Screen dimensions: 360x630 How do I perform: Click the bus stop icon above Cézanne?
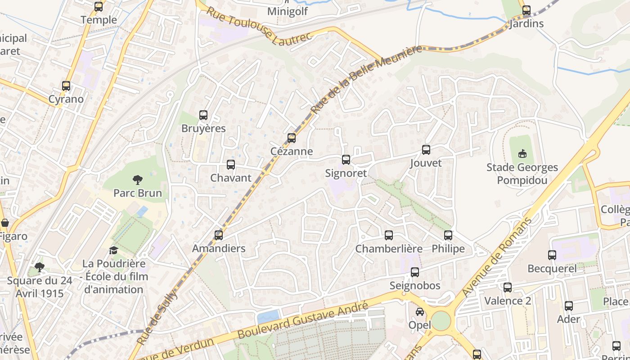click(x=292, y=138)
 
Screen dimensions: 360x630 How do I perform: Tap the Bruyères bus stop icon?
click(x=203, y=115)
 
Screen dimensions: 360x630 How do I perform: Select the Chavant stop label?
click(x=231, y=178)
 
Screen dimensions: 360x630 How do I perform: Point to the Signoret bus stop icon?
click(x=346, y=160)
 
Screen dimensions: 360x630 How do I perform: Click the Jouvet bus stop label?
click(x=426, y=163)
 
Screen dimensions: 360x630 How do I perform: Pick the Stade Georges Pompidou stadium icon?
click(x=522, y=154)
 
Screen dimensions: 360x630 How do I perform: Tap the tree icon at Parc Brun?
click(x=138, y=180)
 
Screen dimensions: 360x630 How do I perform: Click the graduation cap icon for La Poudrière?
click(x=113, y=250)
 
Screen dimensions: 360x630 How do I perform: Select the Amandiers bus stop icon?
click(x=219, y=235)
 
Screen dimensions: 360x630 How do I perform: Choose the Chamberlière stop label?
click(x=389, y=249)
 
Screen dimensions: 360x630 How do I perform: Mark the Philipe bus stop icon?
click(x=448, y=235)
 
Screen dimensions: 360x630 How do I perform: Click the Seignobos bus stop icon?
click(x=415, y=272)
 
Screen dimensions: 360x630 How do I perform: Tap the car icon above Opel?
click(x=419, y=311)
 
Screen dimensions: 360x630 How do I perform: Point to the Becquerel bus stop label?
click(x=552, y=269)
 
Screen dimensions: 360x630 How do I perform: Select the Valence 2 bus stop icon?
click(x=508, y=288)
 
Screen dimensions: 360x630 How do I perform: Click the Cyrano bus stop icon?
click(x=66, y=86)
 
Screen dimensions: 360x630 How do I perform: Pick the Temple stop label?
click(x=99, y=20)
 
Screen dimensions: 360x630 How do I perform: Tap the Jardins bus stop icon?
click(x=526, y=10)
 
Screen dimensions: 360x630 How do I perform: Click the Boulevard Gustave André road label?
click(x=303, y=320)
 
